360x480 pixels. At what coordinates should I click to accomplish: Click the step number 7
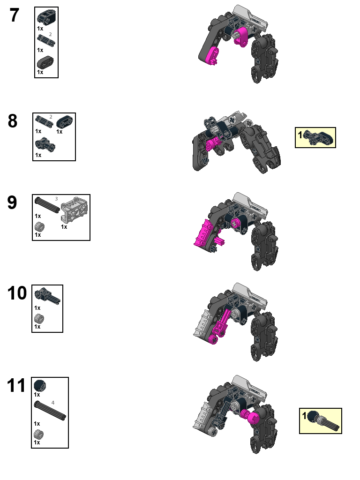click(x=15, y=16)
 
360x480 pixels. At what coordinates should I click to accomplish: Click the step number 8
click(x=13, y=121)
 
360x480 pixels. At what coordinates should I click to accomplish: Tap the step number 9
click(x=12, y=203)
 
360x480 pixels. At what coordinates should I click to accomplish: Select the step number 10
click(x=17, y=294)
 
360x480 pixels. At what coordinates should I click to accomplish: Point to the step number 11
click(x=17, y=386)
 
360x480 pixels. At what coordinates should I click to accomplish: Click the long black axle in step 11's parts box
click(x=50, y=411)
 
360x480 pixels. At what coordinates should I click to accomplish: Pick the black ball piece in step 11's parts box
click(x=40, y=386)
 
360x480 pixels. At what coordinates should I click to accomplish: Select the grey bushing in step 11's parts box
click(x=39, y=434)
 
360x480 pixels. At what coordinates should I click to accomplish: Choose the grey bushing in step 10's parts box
click(x=39, y=319)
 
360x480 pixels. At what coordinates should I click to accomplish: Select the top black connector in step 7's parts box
click(x=46, y=18)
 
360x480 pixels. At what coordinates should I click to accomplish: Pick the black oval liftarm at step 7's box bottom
click(x=45, y=62)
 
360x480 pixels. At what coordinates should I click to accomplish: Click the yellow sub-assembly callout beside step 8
click(x=315, y=137)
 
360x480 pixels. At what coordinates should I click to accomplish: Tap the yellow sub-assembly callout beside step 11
click(x=321, y=420)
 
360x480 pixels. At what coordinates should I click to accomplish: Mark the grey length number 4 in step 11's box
click(x=53, y=403)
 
